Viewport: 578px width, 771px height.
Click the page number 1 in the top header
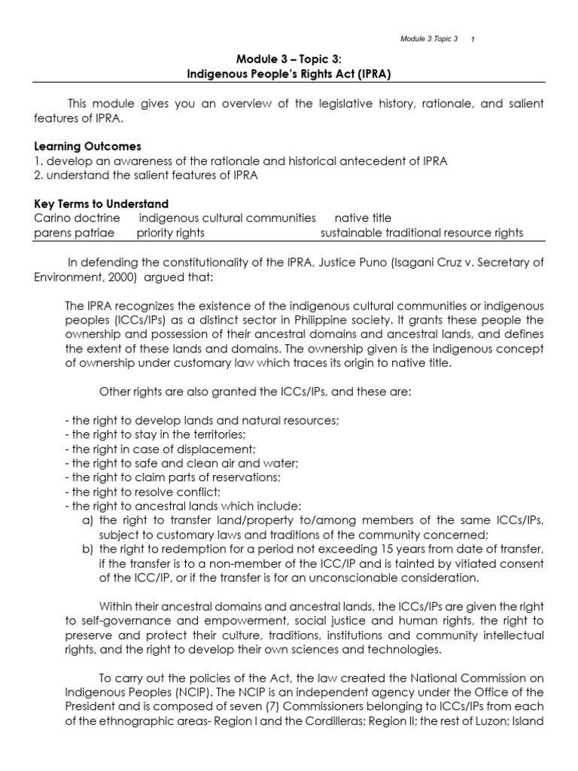coord(472,39)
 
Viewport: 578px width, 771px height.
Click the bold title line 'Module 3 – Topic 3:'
coord(288,60)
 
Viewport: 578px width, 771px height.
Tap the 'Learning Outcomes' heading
coord(87,146)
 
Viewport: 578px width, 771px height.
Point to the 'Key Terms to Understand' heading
coord(101,204)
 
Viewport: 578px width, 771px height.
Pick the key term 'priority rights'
coord(170,233)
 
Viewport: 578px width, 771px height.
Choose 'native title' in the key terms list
coord(364,218)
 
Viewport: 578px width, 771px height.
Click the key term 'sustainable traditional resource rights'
coord(421,233)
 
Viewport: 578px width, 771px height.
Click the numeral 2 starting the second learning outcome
coord(37,175)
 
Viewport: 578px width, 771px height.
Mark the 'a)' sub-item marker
coord(87,520)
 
